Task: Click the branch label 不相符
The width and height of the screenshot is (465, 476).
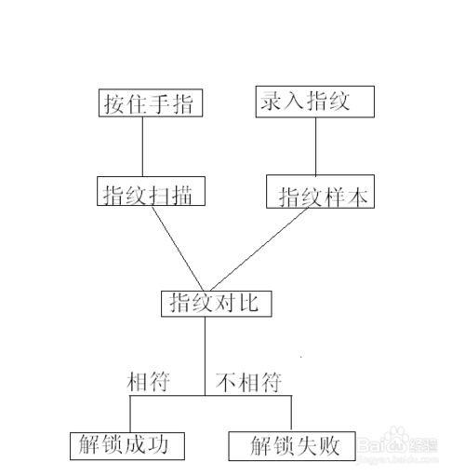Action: (248, 382)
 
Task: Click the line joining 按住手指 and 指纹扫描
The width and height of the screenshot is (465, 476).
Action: (142, 146)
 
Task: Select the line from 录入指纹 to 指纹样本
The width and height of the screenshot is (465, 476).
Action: (316, 146)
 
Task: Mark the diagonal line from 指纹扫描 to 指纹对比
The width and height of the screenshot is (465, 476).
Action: (178, 249)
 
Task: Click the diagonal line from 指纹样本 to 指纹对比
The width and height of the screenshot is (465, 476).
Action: (259, 250)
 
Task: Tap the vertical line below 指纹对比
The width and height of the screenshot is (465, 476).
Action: (205, 356)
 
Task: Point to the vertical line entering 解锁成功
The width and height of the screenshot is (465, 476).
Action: (130, 414)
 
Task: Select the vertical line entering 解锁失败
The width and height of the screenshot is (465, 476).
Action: (291, 414)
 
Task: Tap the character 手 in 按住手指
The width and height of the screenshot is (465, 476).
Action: (159, 103)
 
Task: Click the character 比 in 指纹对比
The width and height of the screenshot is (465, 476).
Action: (249, 303)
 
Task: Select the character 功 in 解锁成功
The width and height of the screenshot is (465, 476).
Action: (158, 444)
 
